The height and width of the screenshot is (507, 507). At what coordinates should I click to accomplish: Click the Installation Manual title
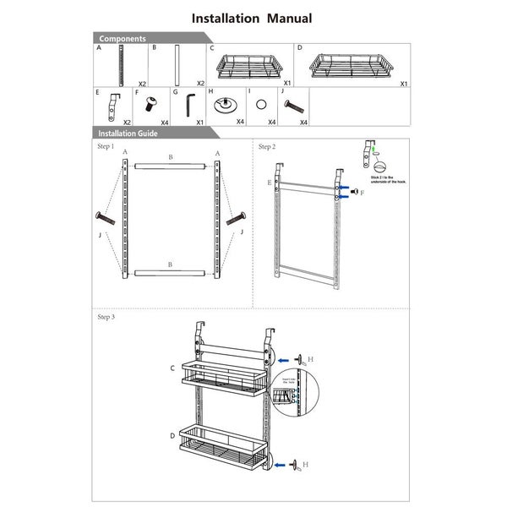tap(252, 18)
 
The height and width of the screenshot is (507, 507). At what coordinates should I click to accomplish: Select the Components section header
tap(123, 39)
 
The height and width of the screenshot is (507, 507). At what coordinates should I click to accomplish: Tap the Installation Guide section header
tap(128, 134)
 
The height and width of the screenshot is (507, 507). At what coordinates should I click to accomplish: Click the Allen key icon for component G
tap(188, 107)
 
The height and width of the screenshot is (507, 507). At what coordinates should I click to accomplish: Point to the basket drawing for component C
tap(249, 65)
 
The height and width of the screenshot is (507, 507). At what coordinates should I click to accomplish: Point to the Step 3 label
tap(106, 317)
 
